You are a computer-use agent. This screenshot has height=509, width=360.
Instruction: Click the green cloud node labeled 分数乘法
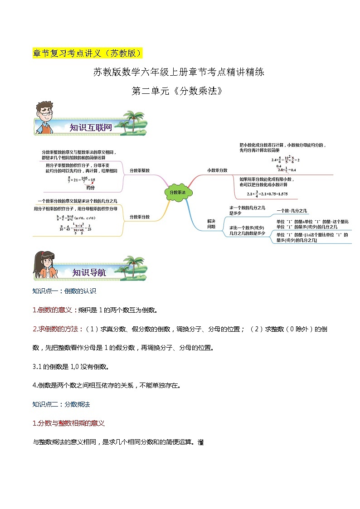[x=178, y=192]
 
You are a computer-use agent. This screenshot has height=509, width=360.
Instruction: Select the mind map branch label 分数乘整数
[x=140, y=170]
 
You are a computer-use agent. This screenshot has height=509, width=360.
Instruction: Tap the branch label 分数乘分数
[x=140, y=217]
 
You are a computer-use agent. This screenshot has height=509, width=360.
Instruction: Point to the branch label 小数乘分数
[x=217, y=170]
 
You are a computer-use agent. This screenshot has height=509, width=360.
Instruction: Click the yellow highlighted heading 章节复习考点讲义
[x=88, y=53]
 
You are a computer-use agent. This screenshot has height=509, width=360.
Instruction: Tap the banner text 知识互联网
[x=91, y=128]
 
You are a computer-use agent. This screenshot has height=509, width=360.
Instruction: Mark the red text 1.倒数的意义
[x=52, y=310]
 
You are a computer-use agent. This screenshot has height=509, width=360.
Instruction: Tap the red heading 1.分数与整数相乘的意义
[x=69, y=423]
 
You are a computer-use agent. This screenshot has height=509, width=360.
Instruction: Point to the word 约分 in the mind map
[x=91, y=187]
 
